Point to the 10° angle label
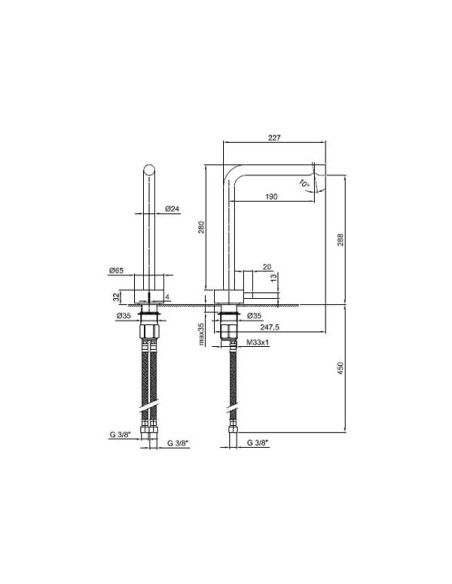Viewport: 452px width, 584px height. point(305,183)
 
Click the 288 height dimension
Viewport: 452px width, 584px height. point(342,239)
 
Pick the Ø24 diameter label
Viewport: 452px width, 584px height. point(171,209)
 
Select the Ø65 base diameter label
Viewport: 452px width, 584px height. point(117,270)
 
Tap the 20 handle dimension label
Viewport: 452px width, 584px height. point(266,267)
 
